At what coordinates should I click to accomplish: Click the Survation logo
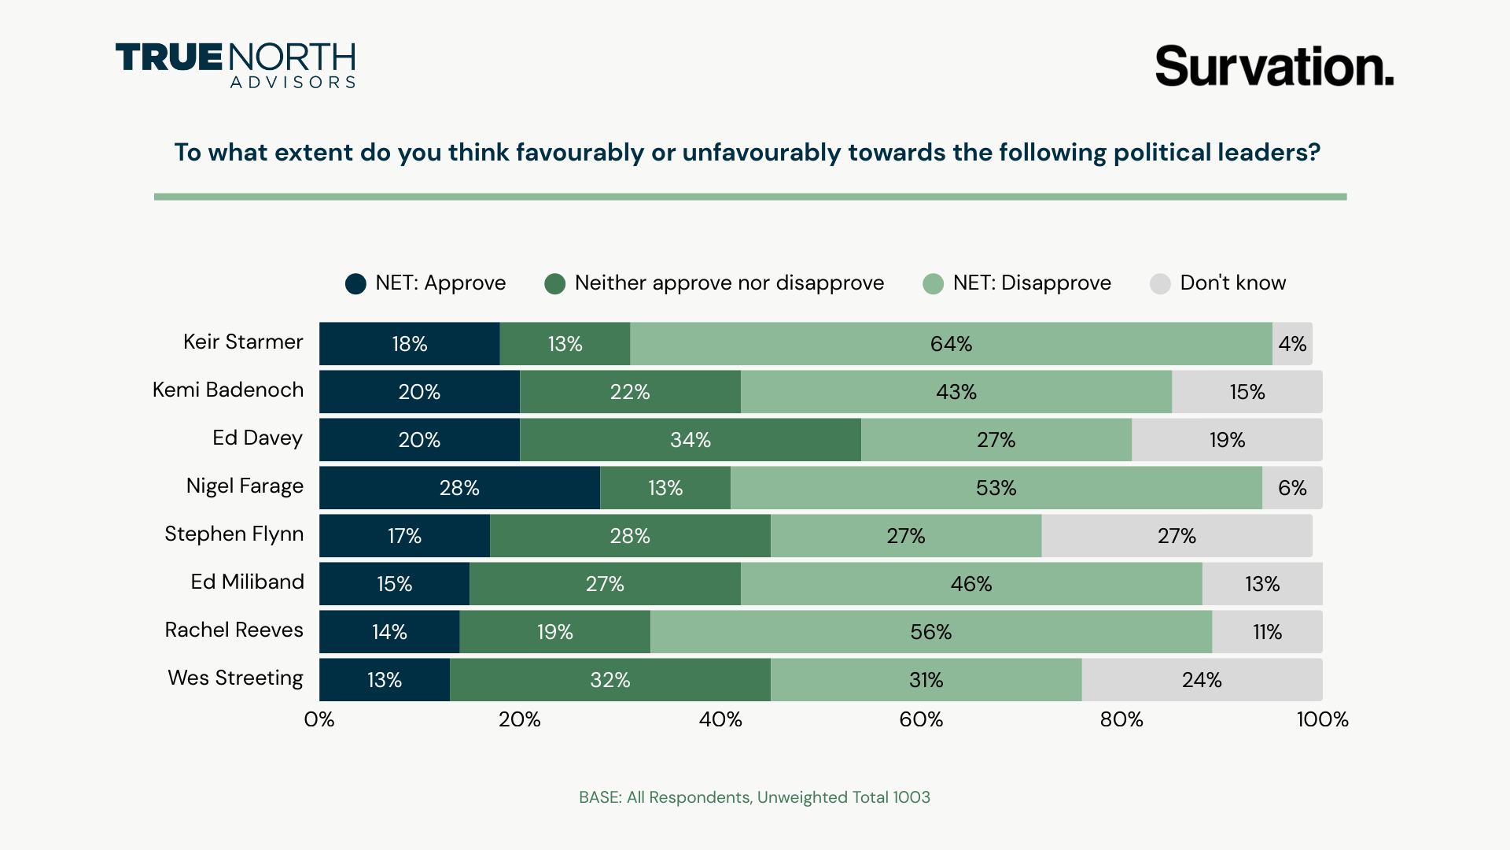coord(1274,66)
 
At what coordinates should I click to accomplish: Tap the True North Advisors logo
coord(235,65)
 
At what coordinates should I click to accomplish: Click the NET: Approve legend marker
coord(355,284)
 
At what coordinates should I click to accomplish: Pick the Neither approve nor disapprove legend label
coord(729,283)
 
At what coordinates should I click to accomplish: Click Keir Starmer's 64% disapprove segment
coord(951,344)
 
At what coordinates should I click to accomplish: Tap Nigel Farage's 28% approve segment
coord(459,488)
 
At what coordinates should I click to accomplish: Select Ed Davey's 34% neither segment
coord(690,440)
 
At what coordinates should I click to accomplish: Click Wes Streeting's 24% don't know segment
coord(1202,680)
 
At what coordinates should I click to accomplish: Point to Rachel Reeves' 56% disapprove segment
coord(930,632)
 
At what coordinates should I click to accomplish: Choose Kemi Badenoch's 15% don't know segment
coord(1247,392)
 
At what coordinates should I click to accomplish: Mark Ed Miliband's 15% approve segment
coord(394,584)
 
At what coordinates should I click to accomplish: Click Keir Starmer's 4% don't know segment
coord(1292,344)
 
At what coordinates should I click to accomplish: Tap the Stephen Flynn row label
coord(234,534)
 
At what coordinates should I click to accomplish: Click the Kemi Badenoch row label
coord(227,390)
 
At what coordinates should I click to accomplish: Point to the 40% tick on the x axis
coord(720,719)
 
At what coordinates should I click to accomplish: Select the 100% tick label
coord(1322,719)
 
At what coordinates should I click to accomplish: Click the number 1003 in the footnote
coord(912,797)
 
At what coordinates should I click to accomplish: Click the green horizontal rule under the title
coord(750,197)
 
